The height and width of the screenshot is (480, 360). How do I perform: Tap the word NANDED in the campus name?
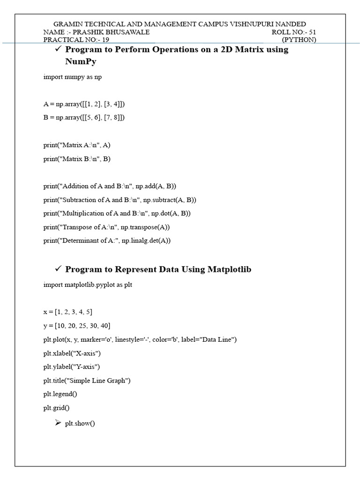[x=291, y=24]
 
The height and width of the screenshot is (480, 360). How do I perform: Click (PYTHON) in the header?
[x=299, y=40]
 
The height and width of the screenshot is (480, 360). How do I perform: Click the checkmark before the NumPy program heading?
[x=58, y=49]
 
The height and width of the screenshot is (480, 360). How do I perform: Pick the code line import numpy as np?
[x=73, y=77]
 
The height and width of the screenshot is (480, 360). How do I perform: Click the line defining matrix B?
[x=84, y=117]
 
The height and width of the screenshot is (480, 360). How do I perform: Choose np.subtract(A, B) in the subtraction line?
[x=170, y=200]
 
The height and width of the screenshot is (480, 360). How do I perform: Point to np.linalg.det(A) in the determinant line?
[x=146, y=240]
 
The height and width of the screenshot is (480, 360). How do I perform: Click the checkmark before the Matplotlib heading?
[x=58, y=269]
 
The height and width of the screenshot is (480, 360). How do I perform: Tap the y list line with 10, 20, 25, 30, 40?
[x=77, y=325]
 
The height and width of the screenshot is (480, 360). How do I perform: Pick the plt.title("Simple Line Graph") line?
[x=87, y=381]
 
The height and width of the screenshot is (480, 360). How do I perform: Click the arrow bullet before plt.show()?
[x=58, y=423]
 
